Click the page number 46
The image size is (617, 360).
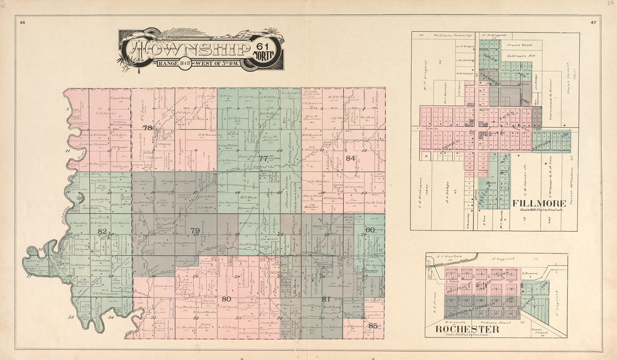pyautogui.click(x=22, y=22)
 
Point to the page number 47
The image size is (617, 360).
pyautogui.click(x=593, y=22)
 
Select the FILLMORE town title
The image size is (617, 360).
pyautogui.click(x=533, y=204)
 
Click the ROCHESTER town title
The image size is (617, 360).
pyautogui.click(x=467, y=330)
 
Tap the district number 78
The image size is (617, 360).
pyautogui.click(x=148, y=128)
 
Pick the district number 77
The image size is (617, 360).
pyautogui.click(x=263, y=159)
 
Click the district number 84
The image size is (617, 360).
pyautogui.click(x=351, y=158)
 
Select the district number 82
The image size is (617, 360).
pyautogui.click(x=102, y=231)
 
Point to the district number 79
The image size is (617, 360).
pyautogui.click(x=195, y=231)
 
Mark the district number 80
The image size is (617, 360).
pyautogui.click(x=226, y=299)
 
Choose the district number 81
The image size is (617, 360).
pyautogui.click(x=326, y=299)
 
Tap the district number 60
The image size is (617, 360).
pyautogui.click(x=370, y=230)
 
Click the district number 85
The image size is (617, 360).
pyautogui.click(x=373, y=325)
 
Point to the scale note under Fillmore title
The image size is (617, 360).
pyautogui.click(x=533, y=210)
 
